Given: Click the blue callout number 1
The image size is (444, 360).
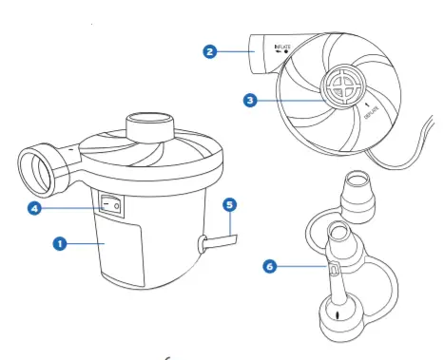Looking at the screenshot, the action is (x=60, y=244).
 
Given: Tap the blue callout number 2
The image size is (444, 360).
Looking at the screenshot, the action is (x=210, y=51).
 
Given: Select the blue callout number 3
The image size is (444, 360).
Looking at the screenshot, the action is (x=250, y=101).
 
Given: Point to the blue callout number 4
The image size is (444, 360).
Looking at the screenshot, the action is (x=34, y=208).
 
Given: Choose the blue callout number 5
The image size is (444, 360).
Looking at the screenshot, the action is (x=230, y=204).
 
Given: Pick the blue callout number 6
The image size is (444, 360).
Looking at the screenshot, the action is (x=270, y=266).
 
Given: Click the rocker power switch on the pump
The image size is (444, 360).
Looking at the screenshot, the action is (x=111, y=206).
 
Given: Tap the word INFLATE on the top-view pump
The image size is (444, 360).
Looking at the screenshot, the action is (x=282, y=47).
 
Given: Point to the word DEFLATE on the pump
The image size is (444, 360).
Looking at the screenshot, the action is (x=372, y=112).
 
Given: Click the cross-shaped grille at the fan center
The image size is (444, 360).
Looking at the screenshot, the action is (x=344, y=85).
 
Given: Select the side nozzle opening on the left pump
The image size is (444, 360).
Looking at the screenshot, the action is (x=35, y=171).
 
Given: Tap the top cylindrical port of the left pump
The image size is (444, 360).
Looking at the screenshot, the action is (x=150, y=126).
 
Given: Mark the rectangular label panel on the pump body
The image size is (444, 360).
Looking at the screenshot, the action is (x=121, y=252).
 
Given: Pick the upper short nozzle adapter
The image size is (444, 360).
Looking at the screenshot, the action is (x=358, y=197).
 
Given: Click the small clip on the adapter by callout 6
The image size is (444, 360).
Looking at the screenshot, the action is (x=334, y=269).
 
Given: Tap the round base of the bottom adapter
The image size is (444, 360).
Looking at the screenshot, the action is (x=341, y=320).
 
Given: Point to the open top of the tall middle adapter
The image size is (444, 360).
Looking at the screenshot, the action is (x=338, y=230).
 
